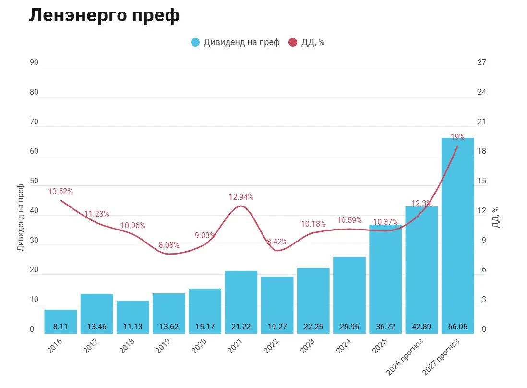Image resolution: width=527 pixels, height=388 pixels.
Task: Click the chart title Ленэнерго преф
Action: pyautogui.click(x=104, y=15)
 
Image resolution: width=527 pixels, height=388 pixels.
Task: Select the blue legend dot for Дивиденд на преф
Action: pyautogui.click(x=195, y=42)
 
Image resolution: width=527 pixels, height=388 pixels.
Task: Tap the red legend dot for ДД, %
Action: pyautogui.click(x=293, y=42)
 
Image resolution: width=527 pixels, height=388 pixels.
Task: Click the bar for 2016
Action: pyautogui.click(x=60, y=322)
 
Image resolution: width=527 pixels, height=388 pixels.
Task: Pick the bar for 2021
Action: pyautogui.click(x=241, y=302)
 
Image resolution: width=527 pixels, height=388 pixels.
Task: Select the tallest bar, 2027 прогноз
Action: pyautogui.click(x=457, y=236)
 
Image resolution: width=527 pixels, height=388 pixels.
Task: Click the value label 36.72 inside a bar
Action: pyautogui.click(x=385, y=327)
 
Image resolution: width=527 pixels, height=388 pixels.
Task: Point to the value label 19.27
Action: pyautogui.click(x=277, y=327)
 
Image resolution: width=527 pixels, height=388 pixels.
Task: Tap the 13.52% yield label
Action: pyautogui.click(x=60, y=191)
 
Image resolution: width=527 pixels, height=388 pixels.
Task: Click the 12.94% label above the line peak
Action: pyautogui.click(x=241, y=197)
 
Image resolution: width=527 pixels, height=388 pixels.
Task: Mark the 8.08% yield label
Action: pyautogui.click(x=169, y=245)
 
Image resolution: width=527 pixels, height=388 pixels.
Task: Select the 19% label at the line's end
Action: pyautogui.click(x=457, y=137)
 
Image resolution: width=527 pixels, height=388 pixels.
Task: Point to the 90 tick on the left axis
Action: pyautogui.click(x=34, y=62)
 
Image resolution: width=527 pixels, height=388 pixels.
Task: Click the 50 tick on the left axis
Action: pyautogui.click(x=34, y=181)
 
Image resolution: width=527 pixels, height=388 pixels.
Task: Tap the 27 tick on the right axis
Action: pyautogui.click(x=481, y=62)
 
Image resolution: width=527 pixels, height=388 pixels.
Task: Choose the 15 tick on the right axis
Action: pyautogui.click(x=481, y=181)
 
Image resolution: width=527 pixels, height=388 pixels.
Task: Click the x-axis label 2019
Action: pyautogui.click(x=163, y=346)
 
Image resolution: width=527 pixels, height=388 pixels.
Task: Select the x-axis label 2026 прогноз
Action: pyautogui.click(x=404, y=357)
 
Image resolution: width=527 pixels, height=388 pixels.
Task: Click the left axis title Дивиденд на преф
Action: pyautogui.click(x=21, y=218)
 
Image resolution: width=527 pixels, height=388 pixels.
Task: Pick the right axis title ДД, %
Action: pyautogui.click(x=496, y=218)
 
